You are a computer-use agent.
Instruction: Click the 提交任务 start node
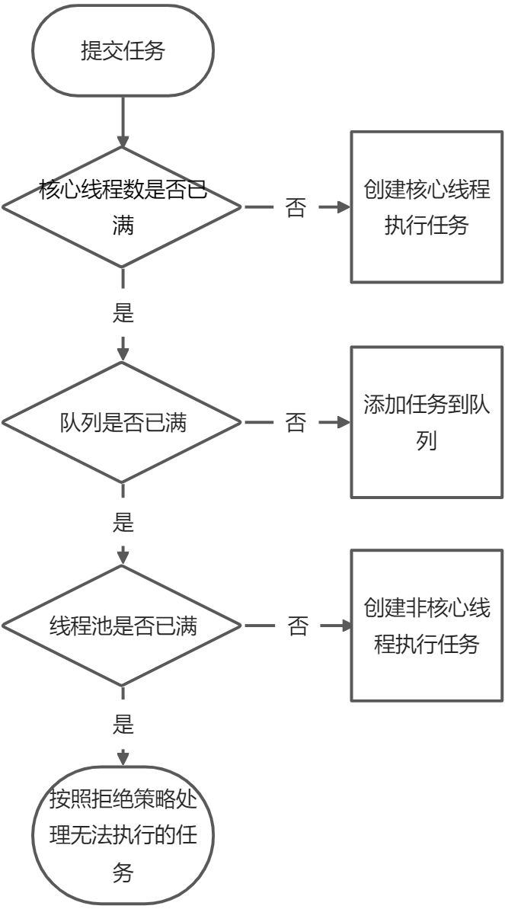(123, 51)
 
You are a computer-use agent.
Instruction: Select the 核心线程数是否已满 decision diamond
(123, 206)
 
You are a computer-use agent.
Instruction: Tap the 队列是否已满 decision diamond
(123, 422)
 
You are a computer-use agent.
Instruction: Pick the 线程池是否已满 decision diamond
(123, 626)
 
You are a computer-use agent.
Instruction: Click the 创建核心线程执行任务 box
(427, 207)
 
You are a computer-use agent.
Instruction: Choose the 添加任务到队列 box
(427, 422)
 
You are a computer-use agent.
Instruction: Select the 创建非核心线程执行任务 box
(427, 626)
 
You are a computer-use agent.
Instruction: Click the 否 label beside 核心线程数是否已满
(296, 208)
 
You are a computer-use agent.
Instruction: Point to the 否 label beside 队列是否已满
(296, 423)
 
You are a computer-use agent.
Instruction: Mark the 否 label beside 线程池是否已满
(298, 626)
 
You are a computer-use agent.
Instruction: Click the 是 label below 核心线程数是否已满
(123, 312)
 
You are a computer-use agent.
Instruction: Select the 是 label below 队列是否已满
(123, 522)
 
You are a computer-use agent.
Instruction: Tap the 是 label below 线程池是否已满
(123, 725)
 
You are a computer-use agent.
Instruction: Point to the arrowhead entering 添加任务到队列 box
(344, 422)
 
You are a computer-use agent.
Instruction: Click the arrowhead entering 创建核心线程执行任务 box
(344, 207)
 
